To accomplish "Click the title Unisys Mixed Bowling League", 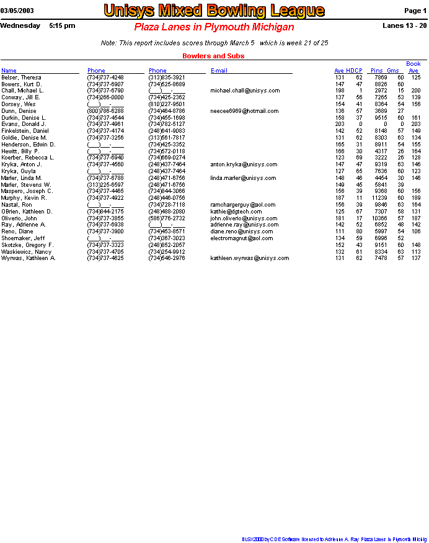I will pos(214,11).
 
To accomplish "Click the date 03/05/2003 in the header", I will pos(17,11).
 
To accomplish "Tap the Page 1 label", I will pos(415,11).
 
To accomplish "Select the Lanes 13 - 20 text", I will pos(405,26).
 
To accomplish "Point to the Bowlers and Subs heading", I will pos(213,56).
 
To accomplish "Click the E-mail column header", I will pos(219,71).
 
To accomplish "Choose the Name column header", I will pos(9,71).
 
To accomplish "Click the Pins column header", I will pos(377,71).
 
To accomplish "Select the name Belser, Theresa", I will pos(22,78).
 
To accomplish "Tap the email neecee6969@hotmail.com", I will pos(244,111).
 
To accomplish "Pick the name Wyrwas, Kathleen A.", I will pos(29,258).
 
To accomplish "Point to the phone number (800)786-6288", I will pos(105,111).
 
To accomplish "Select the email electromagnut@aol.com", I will pos(241,238).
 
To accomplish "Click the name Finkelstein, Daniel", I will pos(25,131).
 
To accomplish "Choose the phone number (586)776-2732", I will pos(167,218).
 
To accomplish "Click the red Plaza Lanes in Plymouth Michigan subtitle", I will pos(214,27).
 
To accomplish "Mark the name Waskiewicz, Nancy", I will pos(26,252).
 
